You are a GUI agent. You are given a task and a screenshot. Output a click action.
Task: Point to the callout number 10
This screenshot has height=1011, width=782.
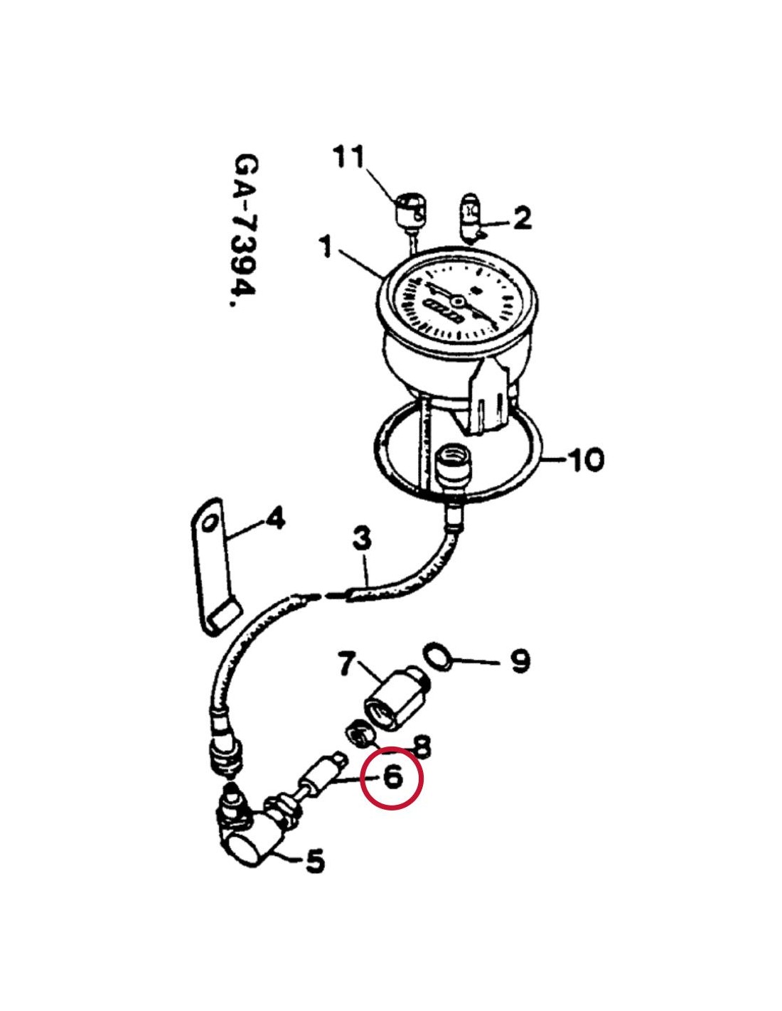pyautogui.click(x=584, y=460)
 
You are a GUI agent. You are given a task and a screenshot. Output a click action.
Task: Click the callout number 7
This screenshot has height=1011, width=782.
pyautogui.click(x=348, y=663)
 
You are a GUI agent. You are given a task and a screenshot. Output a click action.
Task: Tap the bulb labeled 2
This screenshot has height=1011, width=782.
pyautogui.click(x=471, y=217)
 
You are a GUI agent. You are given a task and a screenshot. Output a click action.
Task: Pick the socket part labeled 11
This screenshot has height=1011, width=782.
pyautogui.click(x=411, y=213)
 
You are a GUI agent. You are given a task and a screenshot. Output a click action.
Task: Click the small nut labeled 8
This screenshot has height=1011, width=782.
pyautogui.click(x=358, y=736)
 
